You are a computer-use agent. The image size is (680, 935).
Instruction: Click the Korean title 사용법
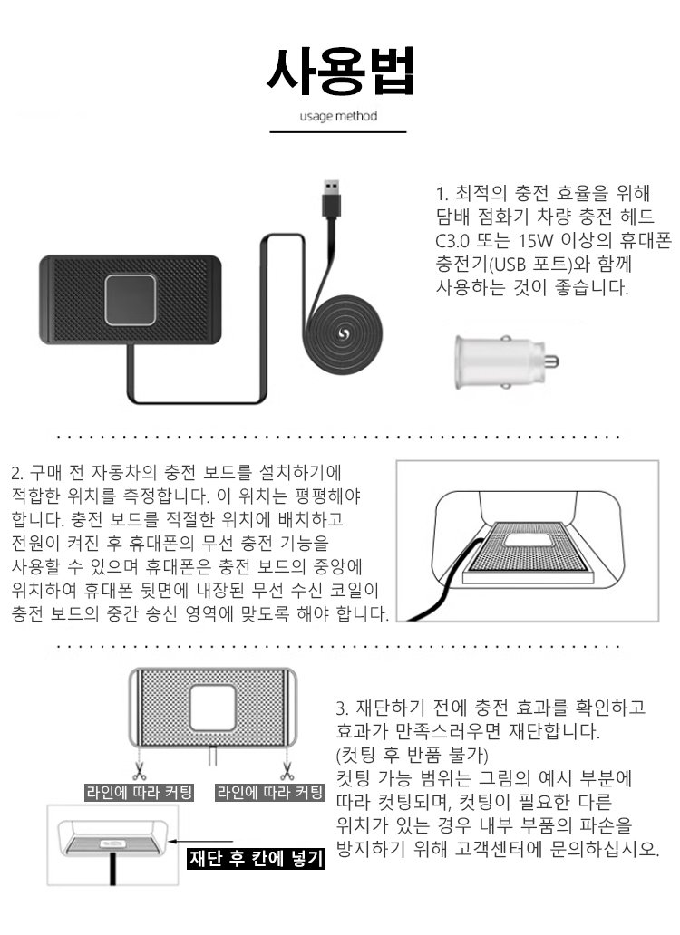[339, 68]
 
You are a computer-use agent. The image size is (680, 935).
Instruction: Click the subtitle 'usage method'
[338, 116]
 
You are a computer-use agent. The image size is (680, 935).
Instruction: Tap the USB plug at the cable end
[333, 192]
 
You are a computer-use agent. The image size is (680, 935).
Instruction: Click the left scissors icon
[139, 772]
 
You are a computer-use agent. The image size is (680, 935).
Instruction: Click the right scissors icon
[287, 772]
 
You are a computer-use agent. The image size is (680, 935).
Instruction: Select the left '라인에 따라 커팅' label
[139, 793]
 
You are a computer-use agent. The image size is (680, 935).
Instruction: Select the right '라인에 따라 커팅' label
[269, 793]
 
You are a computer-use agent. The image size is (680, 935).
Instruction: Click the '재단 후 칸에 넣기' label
[256, 859]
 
